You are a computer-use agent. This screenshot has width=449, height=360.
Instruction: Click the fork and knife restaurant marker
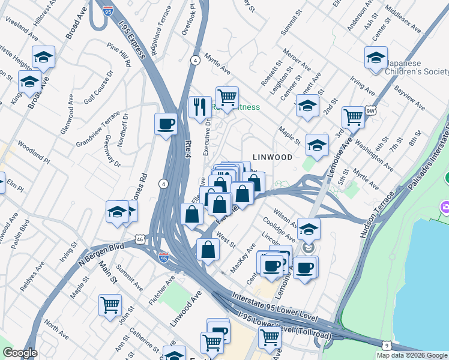200,107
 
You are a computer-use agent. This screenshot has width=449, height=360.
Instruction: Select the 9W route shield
370,110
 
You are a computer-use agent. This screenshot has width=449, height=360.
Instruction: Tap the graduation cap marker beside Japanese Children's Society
376,58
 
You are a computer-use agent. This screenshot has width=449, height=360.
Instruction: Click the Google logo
20,353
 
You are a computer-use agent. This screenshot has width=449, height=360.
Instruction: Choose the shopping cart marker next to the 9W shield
353,117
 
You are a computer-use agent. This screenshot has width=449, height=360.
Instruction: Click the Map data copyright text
412,355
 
